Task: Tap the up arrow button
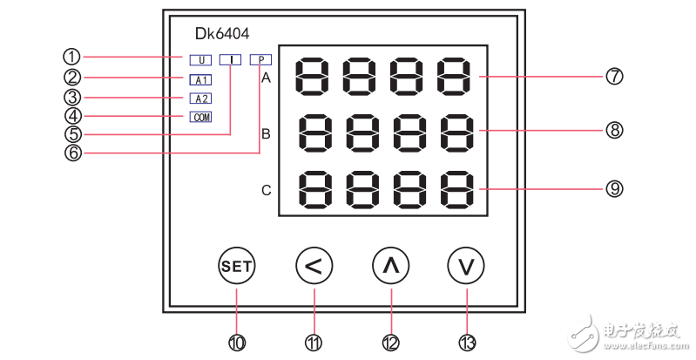390,266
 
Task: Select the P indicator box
260,60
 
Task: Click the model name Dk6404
223,36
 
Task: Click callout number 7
614,77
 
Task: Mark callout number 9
614,188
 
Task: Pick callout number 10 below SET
237,343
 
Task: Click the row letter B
267,134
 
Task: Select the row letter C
267,189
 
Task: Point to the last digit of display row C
457,187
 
